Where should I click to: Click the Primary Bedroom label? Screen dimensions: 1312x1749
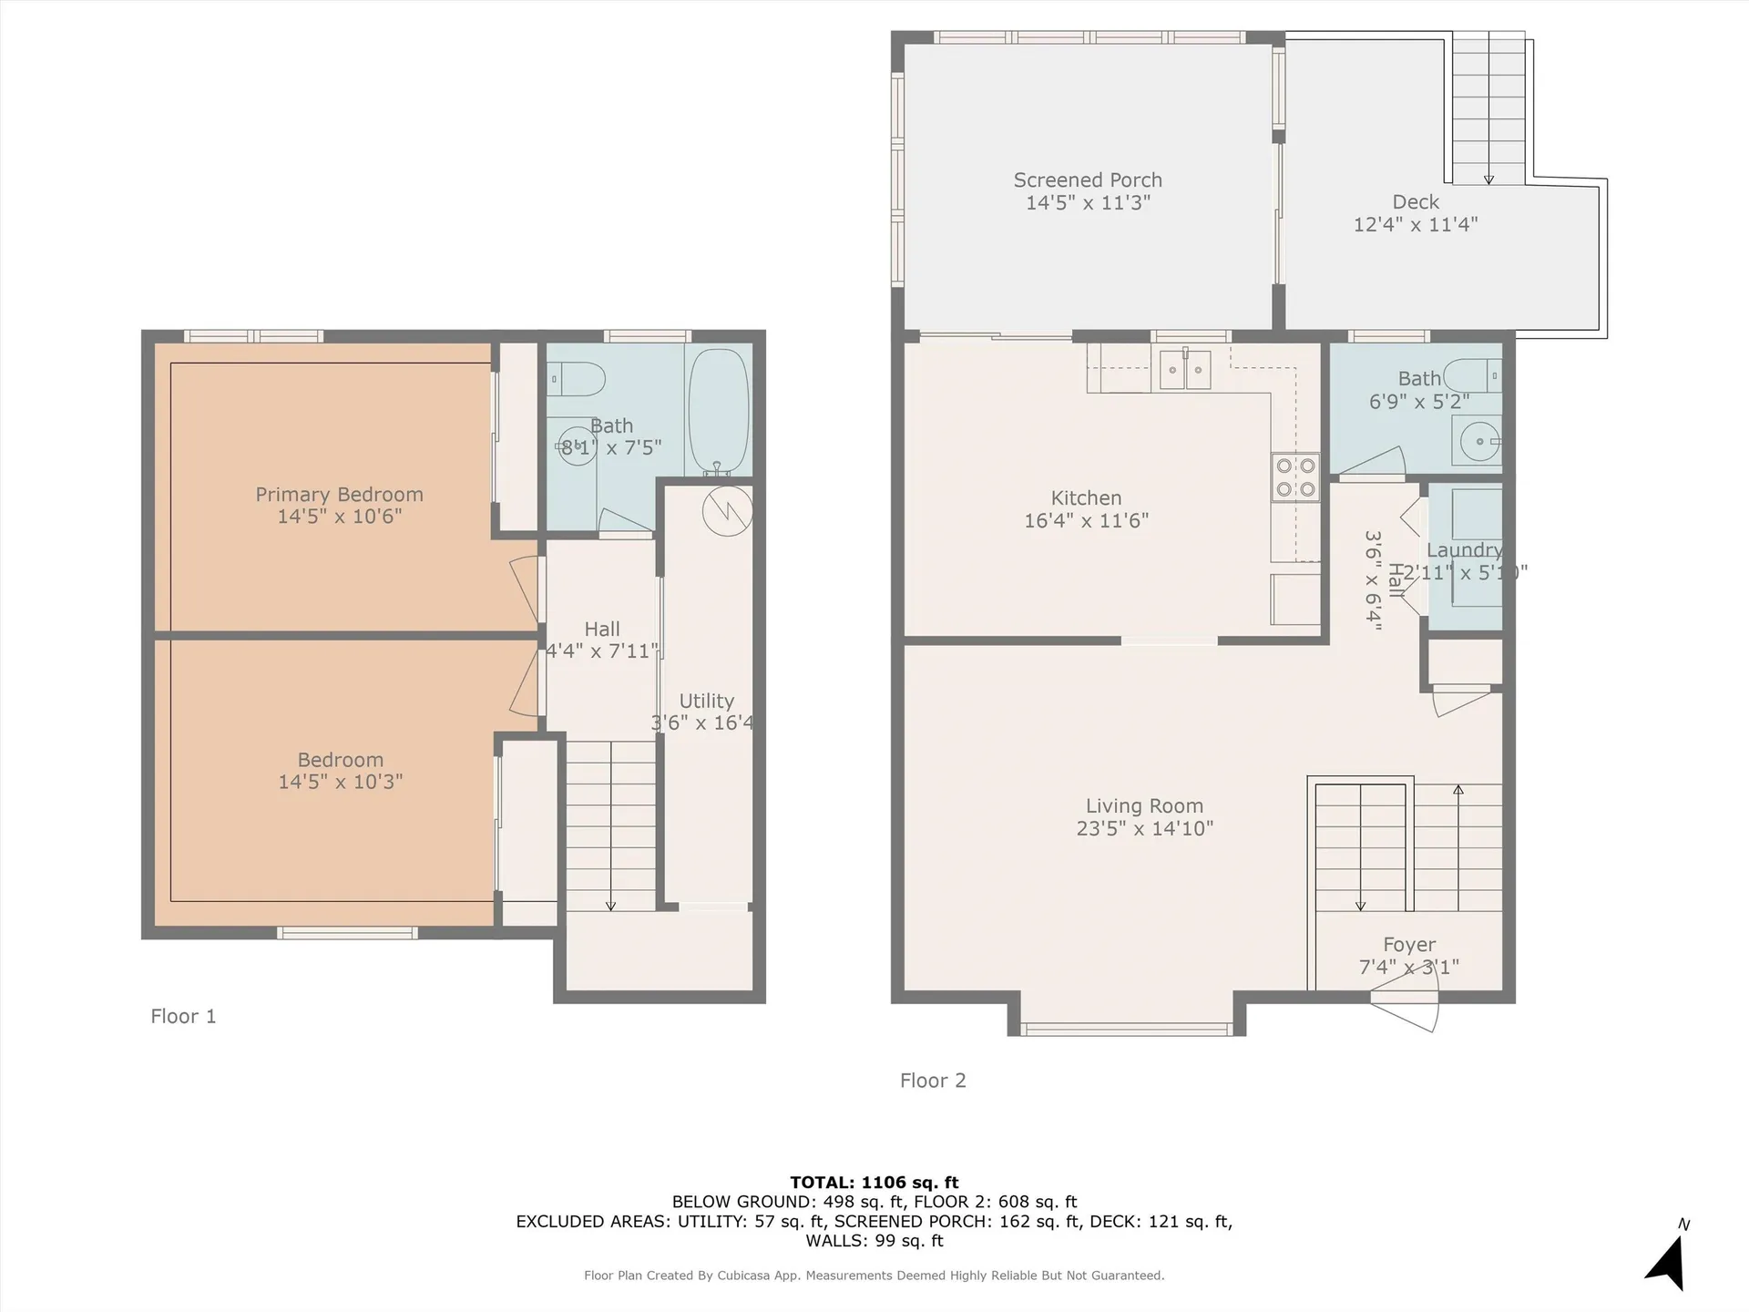tap(339, 495)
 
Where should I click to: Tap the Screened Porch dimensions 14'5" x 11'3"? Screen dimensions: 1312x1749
tap(1088, 202)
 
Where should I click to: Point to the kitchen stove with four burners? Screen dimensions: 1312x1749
tap(1295, 477)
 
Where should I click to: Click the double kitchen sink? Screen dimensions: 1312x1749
tap(1184, 369)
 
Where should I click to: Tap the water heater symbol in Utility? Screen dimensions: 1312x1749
tap(727, 510)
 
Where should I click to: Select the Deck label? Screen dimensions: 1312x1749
tap(1416, 202)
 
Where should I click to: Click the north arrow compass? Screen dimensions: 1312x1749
tap(1668, 1262)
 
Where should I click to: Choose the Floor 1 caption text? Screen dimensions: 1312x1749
tap(183, 1016)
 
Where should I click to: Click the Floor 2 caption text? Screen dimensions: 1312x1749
tap(933, 1081)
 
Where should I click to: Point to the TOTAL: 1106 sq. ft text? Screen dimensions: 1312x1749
tap(874, 1183)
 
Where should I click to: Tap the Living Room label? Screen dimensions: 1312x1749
tap(1144, 806)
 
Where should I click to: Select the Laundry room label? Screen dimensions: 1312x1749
tap(1464, 550)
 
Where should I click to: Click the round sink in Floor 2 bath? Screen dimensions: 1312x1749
tap(1478, 441)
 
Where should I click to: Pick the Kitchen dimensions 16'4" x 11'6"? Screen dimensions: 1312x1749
tap(1086, 520)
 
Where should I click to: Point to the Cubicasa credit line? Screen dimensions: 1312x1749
tap(874, 1276)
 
